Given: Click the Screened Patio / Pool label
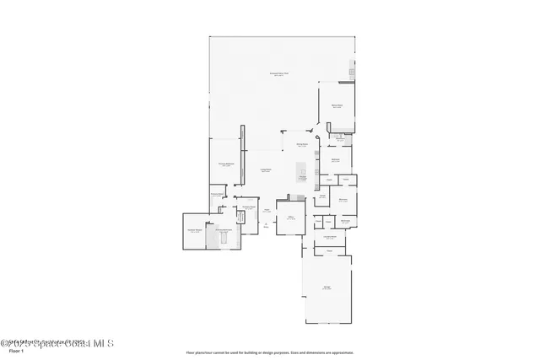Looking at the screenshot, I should [x=279, y=74].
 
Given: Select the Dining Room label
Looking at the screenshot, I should [x=301, y=145].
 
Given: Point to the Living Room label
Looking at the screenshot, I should [x=265, y=171].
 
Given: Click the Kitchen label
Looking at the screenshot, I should [x=301, y=177].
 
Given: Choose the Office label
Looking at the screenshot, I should [x=289, y=217].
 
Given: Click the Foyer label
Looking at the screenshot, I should [x=266, y=211].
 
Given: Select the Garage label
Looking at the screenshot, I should [x=327, y=288].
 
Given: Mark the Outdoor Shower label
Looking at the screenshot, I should [x=194, y=230].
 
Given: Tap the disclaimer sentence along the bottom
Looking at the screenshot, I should [x=270, y=352].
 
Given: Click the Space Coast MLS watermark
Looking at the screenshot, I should [x=57, y=343].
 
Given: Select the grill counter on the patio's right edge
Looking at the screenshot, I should [x=352, y=73].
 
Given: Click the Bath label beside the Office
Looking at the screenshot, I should [x=321, y=196].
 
